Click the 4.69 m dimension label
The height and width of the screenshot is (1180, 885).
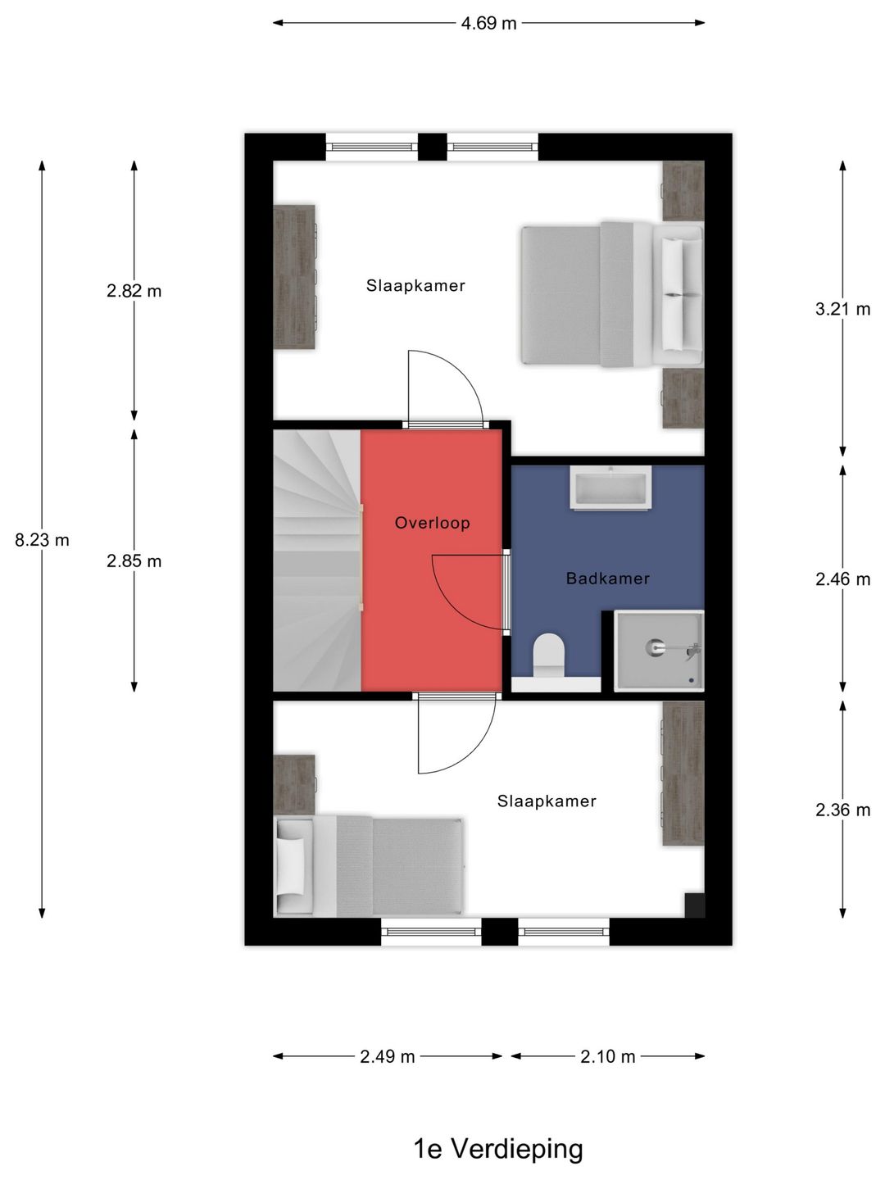(488, 23)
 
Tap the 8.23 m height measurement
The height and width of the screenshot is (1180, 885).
(42, 540)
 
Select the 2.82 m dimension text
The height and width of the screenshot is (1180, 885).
(134, 291)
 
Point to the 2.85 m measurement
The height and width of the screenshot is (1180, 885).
(134, 561)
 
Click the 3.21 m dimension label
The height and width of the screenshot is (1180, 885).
(842, 309)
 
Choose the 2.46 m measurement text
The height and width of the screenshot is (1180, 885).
(842, 579)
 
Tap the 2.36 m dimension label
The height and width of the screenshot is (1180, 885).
(842, 810)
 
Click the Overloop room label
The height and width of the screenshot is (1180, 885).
(433, 523)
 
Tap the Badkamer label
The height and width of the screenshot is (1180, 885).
(608, 579)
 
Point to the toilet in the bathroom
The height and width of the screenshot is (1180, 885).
(549, 656)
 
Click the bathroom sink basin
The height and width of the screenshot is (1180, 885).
(611, 488)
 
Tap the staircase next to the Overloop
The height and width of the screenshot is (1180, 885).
(317, 560)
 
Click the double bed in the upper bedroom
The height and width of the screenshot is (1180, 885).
(612, 295)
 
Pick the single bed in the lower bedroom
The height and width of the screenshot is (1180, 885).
(369, 866)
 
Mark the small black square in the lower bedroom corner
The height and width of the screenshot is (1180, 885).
(694, 905)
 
